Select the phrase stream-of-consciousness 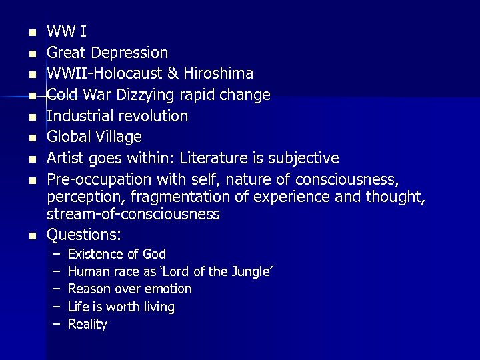[x=133, y=215]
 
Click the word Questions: [x=83, y=235]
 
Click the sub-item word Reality [x=87, y=325]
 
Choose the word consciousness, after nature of [x=380, y=179]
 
